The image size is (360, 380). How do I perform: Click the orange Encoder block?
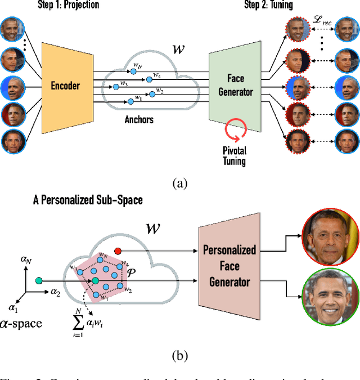[65, 86]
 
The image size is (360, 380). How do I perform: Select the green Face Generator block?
[235, 86]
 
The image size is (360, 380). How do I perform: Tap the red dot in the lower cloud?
[118, 250]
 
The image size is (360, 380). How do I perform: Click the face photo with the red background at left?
[13, 113]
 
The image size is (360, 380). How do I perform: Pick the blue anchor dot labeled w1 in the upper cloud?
[130, 100]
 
